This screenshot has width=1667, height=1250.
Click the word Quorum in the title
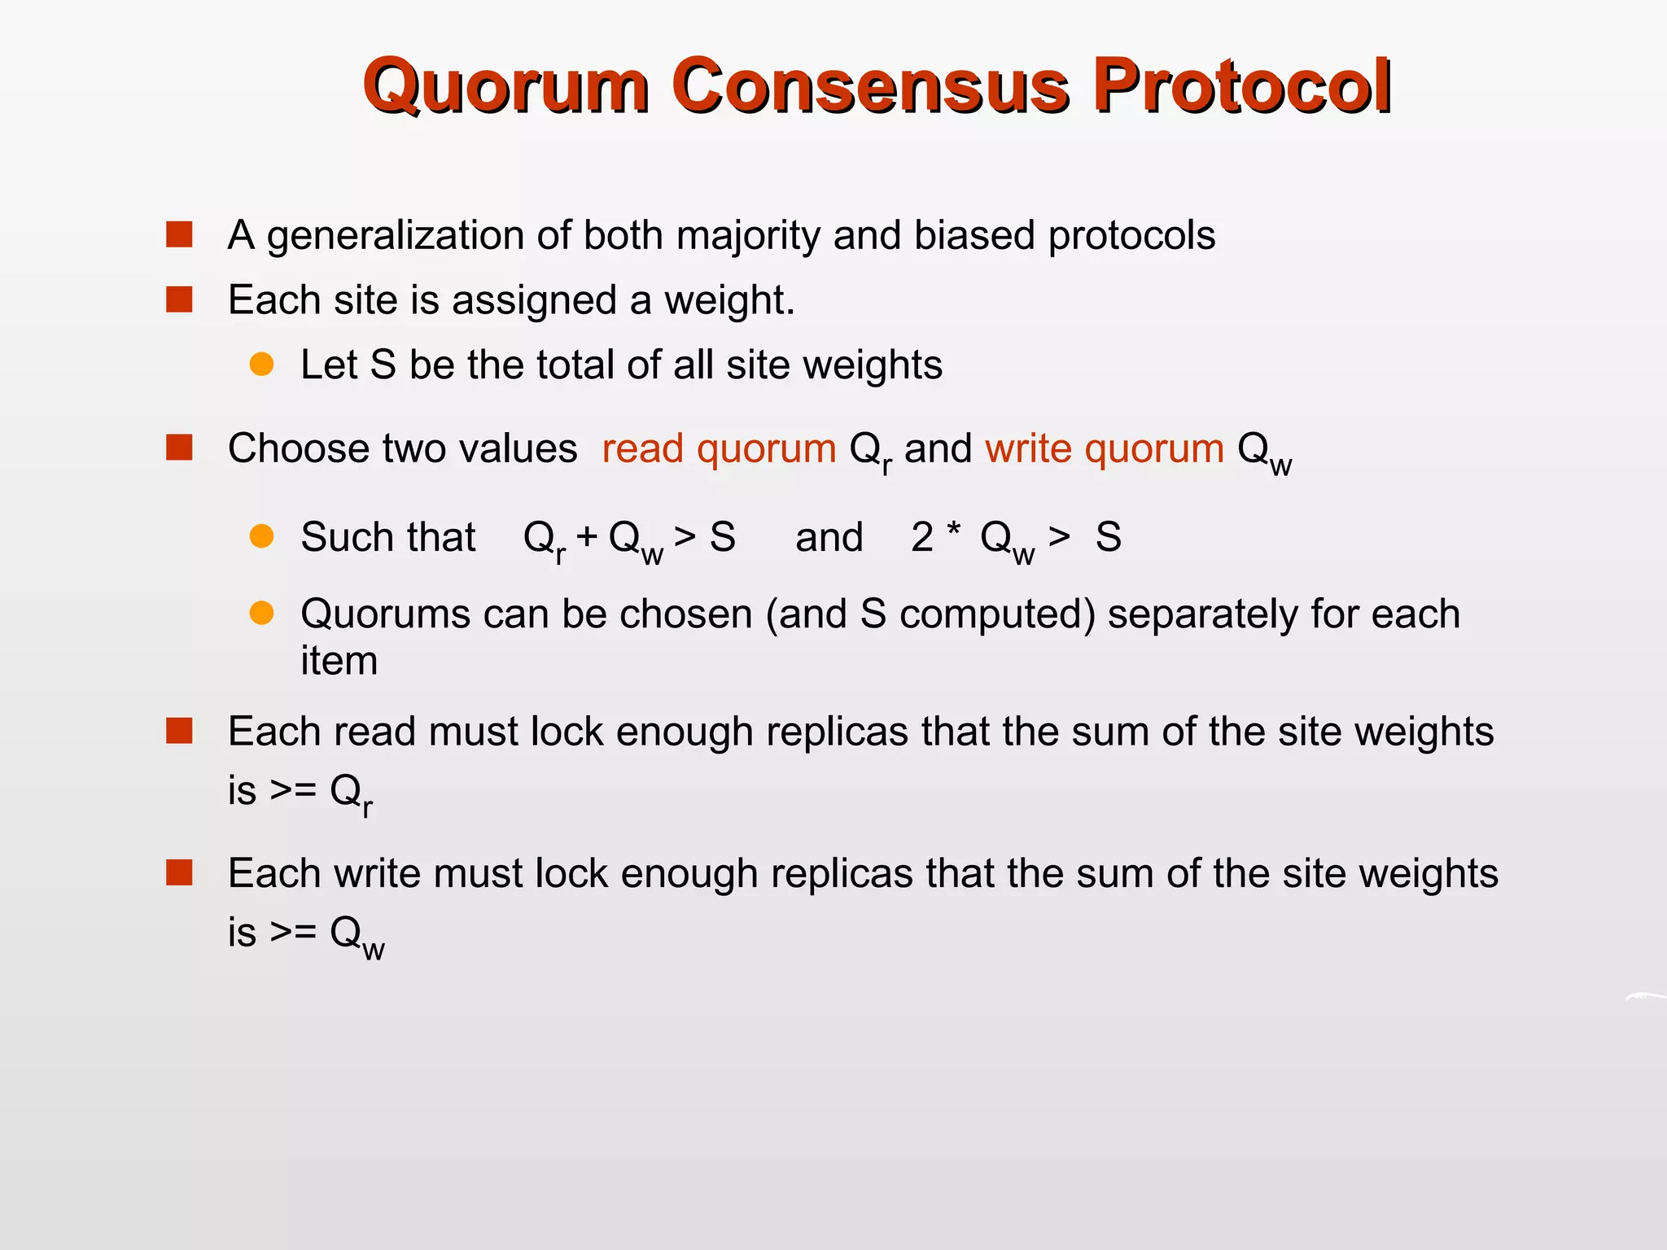point(505,85)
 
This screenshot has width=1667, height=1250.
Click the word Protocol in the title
point(1241,85)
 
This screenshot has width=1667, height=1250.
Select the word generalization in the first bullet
point(396,236)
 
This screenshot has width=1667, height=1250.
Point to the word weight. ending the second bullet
point(728,300)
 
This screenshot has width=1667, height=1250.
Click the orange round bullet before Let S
point(261,364)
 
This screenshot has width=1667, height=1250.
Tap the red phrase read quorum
point(719,448)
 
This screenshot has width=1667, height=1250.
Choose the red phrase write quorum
point(1105,448)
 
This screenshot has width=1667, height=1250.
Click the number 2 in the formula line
point(921,537)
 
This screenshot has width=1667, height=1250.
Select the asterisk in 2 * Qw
point(953,530)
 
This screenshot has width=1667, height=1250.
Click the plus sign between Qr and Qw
point(587,537)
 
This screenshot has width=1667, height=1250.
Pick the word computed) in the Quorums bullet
point(997,614)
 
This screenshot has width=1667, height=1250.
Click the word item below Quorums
point(339,660)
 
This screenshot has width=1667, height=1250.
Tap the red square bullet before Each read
point(179,730)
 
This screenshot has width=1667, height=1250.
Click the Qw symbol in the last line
point(357,936)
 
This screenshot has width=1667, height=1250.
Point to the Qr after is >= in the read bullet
point(351,793)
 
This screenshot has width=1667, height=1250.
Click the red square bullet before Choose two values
point(179,448)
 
